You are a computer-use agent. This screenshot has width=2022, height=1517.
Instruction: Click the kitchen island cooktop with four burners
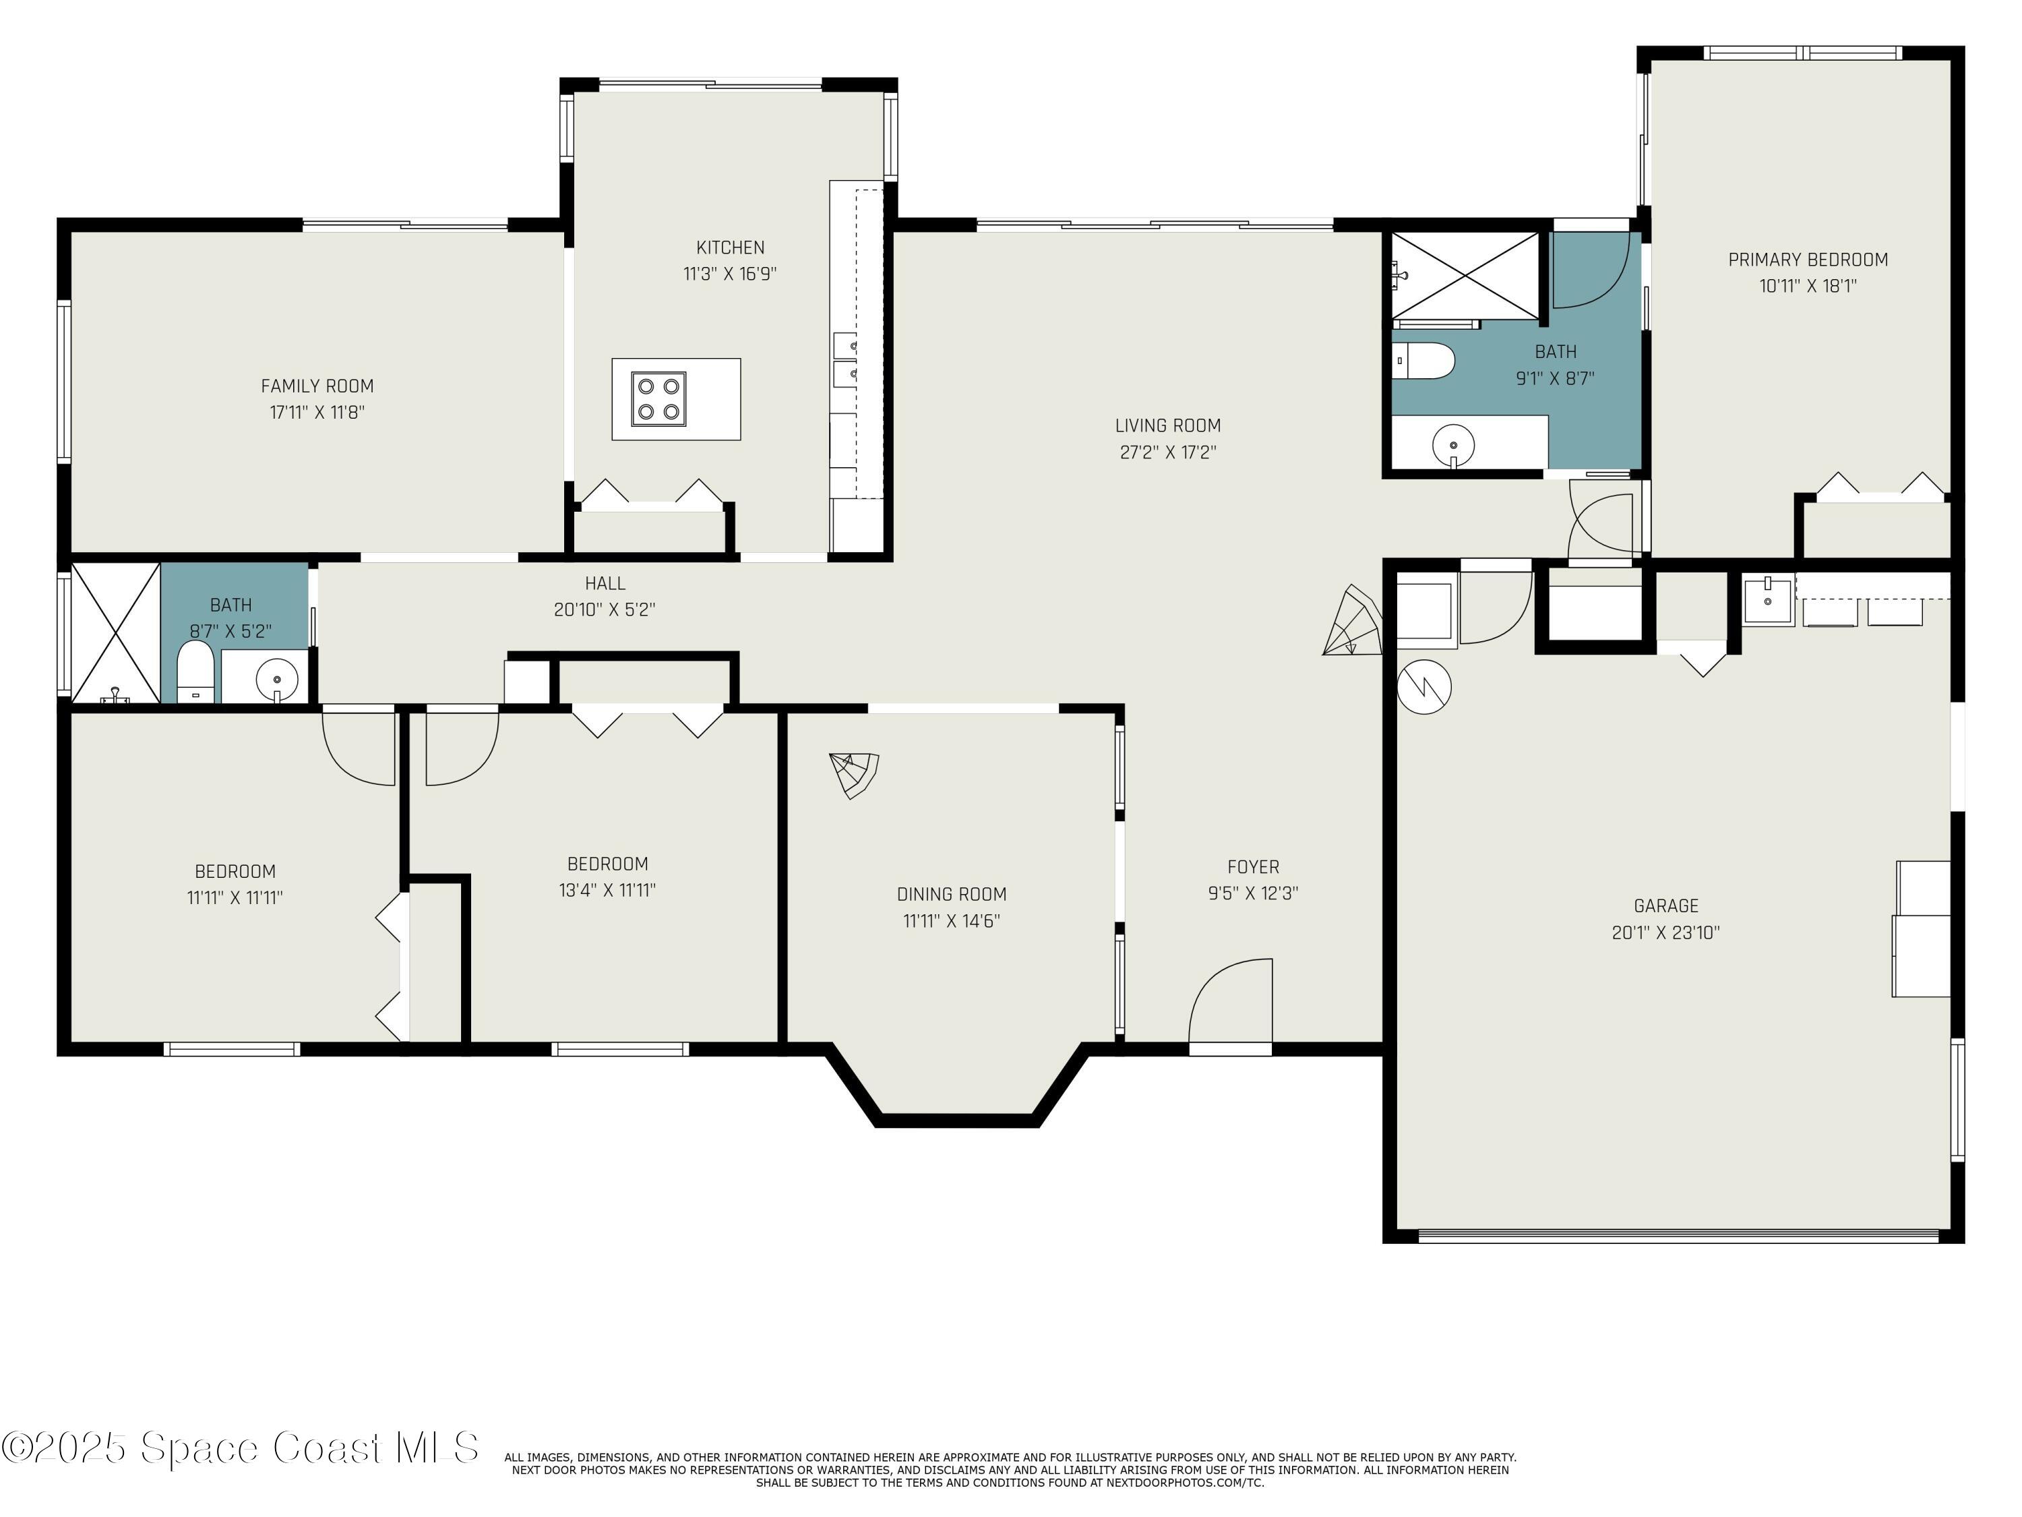pyautogui.click(x=658, y=398)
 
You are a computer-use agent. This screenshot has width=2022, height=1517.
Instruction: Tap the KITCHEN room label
pyautogui.click(x=731, y=247)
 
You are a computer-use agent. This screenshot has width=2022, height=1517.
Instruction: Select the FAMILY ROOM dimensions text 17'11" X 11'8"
pyautogui.click(x=317, y=413)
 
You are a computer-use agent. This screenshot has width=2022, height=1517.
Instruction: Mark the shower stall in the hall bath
pyautogui.click(x=115, y=633)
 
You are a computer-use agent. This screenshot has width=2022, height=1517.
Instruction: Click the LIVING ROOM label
pyautogui.click(x=1167, y=425)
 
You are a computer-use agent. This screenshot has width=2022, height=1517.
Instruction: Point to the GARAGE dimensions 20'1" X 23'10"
pyautogui.click(x=1665, y=932)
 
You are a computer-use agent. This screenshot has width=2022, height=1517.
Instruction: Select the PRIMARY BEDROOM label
pyautogui.click(x=1807, y=260)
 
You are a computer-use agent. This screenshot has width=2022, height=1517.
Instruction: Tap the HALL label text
pyautogui.click(x=605, y=583)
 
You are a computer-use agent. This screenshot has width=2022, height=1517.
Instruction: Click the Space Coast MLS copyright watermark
pyautogui.click(x=239, y=1448)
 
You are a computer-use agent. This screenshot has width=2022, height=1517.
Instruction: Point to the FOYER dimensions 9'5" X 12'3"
pyautogui.click(x=1252, y=893)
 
